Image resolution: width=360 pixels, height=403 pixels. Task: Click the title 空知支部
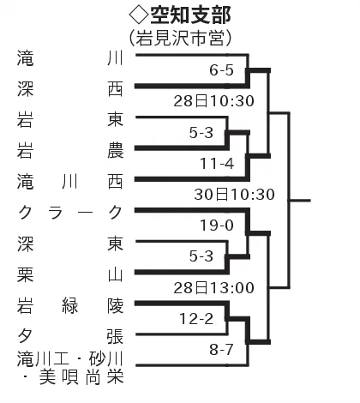190,15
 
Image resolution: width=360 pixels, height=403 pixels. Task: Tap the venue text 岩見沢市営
180,38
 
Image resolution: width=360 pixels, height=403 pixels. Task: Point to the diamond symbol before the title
139,15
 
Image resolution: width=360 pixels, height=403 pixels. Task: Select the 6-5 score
221,70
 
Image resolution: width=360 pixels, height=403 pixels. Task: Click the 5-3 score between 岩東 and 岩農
201,133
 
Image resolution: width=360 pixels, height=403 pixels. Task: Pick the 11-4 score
217,164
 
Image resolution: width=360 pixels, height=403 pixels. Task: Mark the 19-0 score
217,226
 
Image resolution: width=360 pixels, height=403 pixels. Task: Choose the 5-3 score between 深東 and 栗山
201,256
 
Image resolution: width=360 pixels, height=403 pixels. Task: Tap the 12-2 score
196,319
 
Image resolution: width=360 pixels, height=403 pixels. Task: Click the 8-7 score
221,350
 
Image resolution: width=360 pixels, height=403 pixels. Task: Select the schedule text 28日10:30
214,101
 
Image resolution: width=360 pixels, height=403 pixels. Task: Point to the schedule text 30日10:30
235,195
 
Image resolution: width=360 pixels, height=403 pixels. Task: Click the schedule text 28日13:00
214,288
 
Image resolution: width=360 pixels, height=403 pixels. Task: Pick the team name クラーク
70,213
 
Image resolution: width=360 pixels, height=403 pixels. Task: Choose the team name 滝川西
70,182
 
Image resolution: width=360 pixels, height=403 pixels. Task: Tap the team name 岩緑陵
70,306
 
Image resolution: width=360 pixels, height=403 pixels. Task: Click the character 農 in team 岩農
116,151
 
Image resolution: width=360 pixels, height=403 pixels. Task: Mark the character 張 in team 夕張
116,337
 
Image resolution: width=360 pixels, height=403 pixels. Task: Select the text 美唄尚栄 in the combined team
81,377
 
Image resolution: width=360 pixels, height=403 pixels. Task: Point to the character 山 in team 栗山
116,275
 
